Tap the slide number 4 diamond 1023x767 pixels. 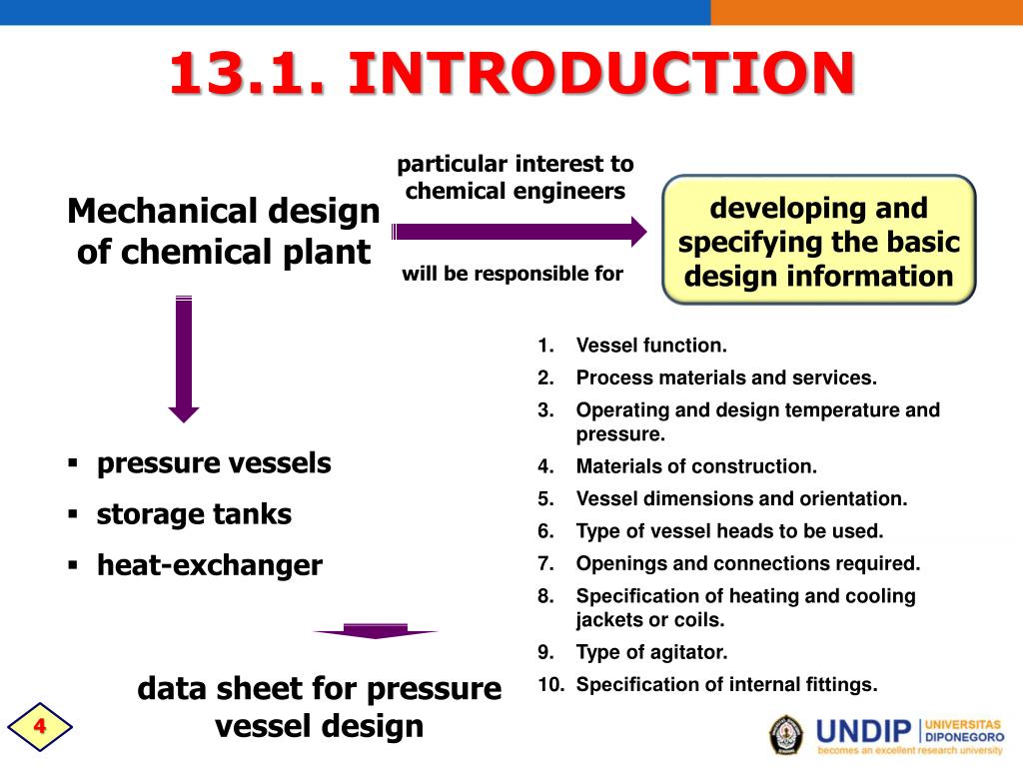click(40, 726)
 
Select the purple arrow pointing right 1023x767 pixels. click(519, 232)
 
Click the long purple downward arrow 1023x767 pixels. click(184, 360)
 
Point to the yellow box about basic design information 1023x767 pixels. click(818, 242)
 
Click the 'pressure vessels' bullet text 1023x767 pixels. click(213, 463)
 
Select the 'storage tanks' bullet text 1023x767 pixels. click(194, 514)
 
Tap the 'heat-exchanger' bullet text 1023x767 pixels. click(209, 565)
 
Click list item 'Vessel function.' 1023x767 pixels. click(651, 346)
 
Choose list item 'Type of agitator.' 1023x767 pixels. click(651, 652)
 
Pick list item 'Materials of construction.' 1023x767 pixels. click(696, 465)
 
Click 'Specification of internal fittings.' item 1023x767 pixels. click(726, 684)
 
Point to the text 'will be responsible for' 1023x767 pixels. click(511, 274)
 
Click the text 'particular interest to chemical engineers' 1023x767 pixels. click(515, 177)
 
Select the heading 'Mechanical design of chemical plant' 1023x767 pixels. click(224, 231)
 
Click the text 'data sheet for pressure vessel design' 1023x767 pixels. click(319, 706)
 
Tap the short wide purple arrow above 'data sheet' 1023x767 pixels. click(375, 631)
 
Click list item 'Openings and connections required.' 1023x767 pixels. click(747, 563)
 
